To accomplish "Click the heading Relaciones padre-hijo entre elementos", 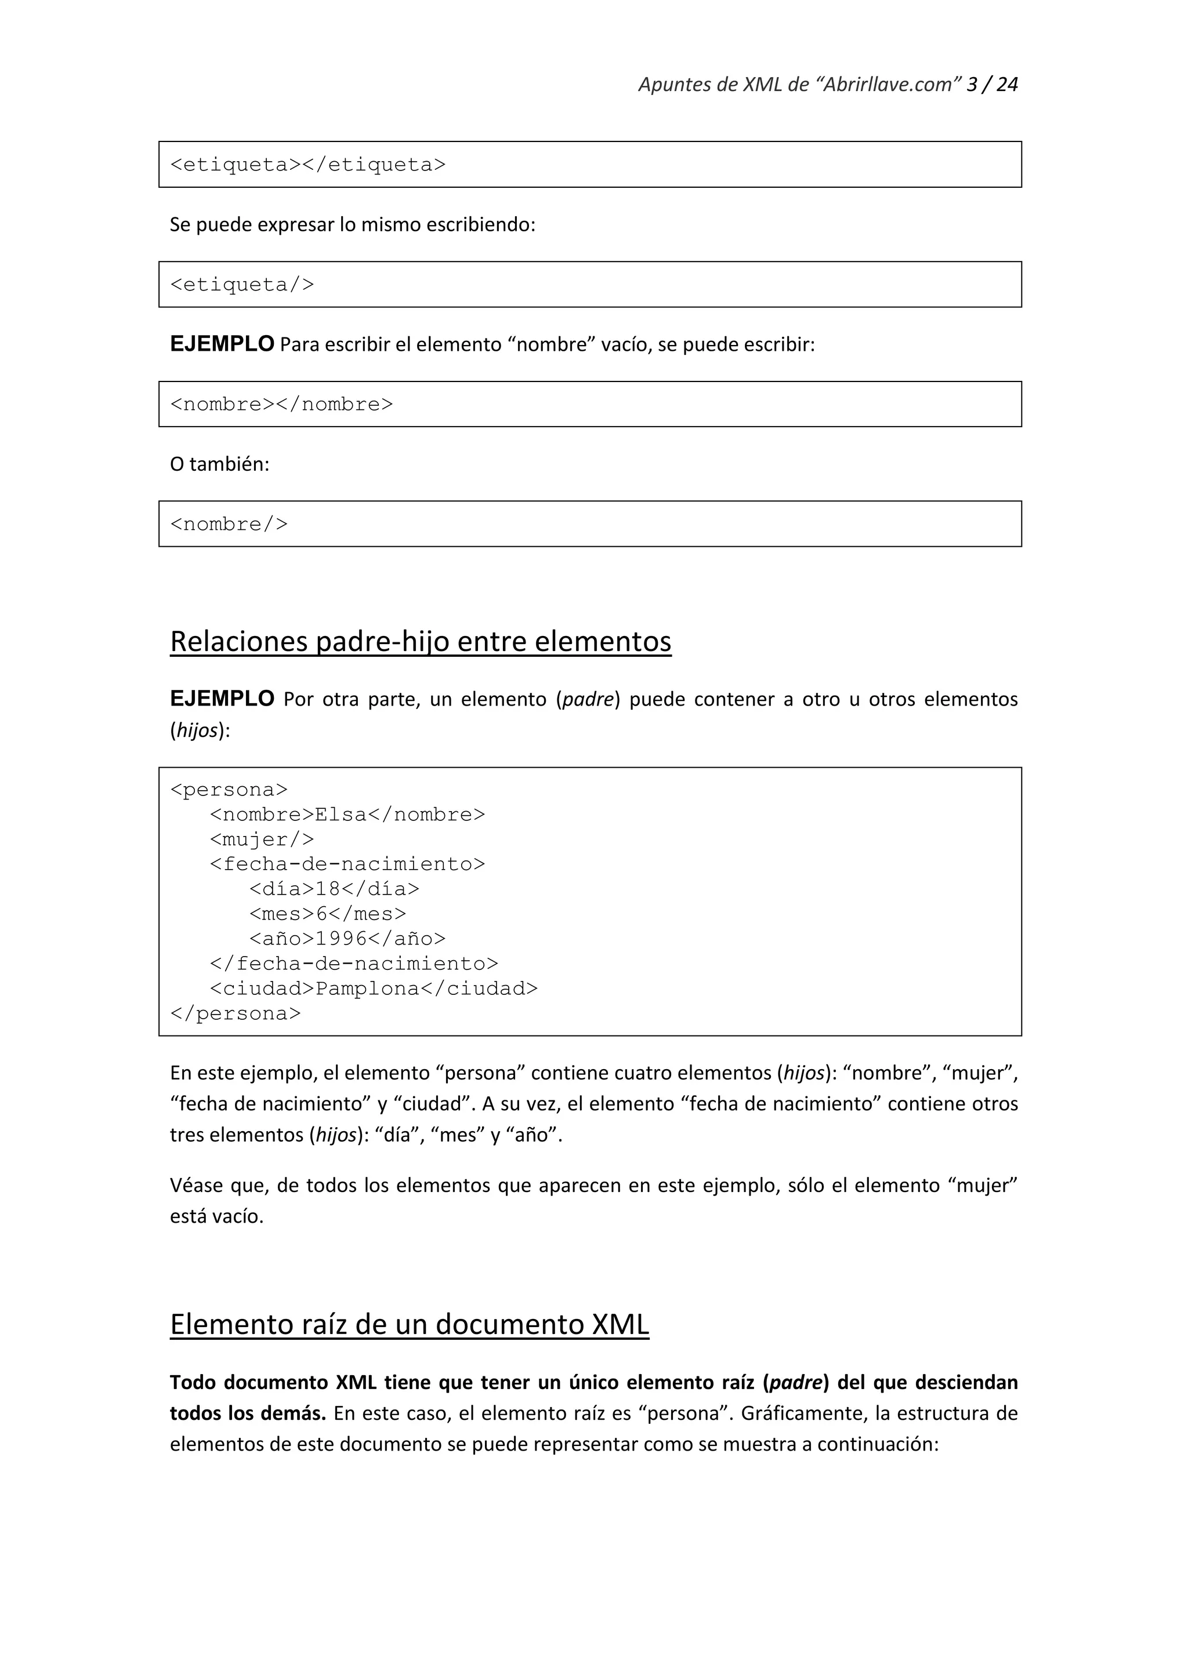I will (x=420, y=641).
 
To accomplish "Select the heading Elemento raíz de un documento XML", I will (x=409, y=1324).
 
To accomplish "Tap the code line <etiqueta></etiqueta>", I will (x=307, y=165).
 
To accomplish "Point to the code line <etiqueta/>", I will (x=242, y=285).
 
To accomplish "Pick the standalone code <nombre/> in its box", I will (x=229, y=524).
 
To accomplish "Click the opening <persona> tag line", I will (x=229, y=790).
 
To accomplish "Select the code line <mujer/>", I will (x=262, y=839).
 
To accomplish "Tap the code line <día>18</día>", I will (x=334, y=889).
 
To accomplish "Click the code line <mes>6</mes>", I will (x=327, y=914).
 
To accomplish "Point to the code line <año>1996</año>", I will (x=347, y=939).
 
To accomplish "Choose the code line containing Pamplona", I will (x=373, y=988).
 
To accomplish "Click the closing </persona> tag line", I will (x=235, y=1013).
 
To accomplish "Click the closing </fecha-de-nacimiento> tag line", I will (x=354, y=964).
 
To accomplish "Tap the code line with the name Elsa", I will (x=347, y=815).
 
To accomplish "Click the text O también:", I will (x=219, y=464).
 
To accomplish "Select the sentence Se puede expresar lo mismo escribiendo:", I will (x=353, y=224).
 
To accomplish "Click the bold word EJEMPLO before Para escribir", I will (x=222, y=344).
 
